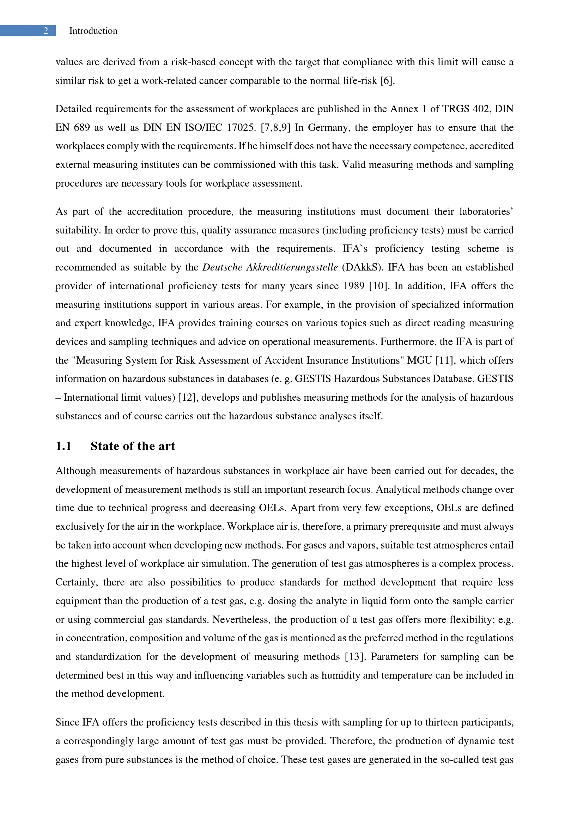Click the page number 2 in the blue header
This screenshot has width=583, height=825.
pyautogui.click(x=45, y=31)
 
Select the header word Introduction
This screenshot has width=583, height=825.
pyautogui.click(x=93, y=31)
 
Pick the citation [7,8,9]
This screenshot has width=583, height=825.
pyautogui.click(x=275, y=128)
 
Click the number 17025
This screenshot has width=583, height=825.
pyautogui.click(x=241, y=128)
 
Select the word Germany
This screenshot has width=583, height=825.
pyautogui.click(x=329, y=128)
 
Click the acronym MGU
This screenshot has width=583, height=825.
pyautogui.click(x=419, y=360)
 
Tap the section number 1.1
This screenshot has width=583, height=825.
pyautogui.click(x=63, y=446)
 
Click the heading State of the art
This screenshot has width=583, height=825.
pyautogui.click(x=133, y=446)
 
